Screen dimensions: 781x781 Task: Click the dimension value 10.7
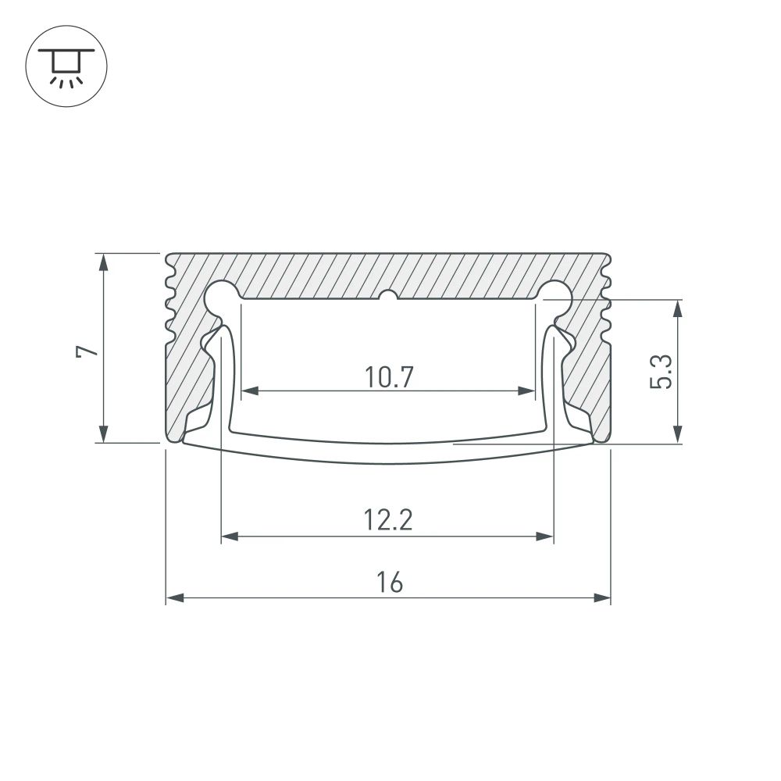[388, 378]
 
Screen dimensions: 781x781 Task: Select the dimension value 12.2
[388, 520]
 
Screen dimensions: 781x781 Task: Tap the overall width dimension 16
[388, 583]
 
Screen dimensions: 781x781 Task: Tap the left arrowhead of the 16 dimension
[174, 599]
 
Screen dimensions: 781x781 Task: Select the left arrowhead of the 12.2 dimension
[230, 537]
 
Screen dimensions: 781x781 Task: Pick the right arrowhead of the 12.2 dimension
[545, 537]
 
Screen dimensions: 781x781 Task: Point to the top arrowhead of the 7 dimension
[103, 262]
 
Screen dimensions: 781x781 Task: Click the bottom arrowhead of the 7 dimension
[103, 434]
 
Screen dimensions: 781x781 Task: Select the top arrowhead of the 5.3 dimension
[678, 308]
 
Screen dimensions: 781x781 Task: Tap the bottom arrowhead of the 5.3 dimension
[678, 435]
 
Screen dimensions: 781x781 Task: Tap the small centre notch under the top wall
[388, 296]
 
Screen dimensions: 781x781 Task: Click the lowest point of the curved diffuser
[388, 462]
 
